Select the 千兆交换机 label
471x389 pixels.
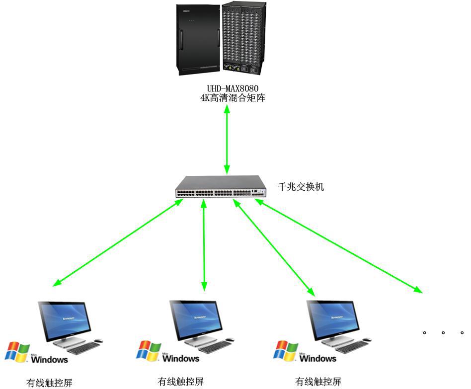pos(301,187)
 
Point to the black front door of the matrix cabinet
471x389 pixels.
pos(198,40)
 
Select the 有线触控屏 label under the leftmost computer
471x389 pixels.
pos(49,383)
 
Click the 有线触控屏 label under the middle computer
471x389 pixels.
pos(180,382)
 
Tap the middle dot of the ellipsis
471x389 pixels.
pos(443,332)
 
